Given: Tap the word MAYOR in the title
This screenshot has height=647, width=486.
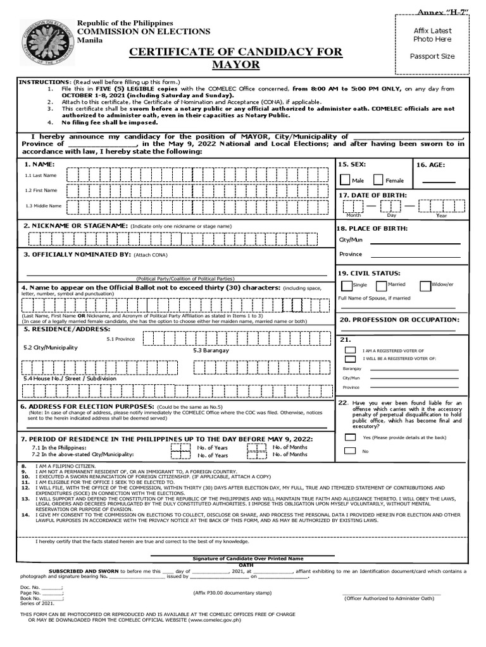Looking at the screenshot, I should pyautogui.click(x=236, y=65).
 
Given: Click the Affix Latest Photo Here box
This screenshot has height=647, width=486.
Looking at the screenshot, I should pyautogui.click(x=433, y=43).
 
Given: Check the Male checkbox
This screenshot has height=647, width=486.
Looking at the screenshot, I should pyautogui.click(x=346, y=180).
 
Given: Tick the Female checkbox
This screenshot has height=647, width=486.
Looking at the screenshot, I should pyautogui.click(x=378, y=180).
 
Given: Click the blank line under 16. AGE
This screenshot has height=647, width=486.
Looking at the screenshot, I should pyautogui.click(x=438, y=183).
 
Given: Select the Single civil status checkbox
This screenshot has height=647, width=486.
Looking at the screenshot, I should pyautogui.click(x=346, y=286).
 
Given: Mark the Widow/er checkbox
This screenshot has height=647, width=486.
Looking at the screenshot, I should pyautogui.click(x=425, y=286).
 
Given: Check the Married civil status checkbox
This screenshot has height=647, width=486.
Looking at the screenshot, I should pyautogui.click(x=382, y=286).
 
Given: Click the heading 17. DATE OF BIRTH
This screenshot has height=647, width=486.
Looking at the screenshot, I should pyautogui.click(x=373, y=195).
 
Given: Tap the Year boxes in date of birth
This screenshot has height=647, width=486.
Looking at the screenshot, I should pyautogui.click(x=441, y=206).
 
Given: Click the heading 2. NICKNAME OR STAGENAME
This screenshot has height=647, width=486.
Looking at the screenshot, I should pyautogui.click(x=76, y=226).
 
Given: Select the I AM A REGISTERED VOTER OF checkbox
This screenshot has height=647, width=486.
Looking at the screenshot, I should pyautogui.click(x=350, y=350).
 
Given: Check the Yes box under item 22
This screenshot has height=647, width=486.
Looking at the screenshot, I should pyautogui.click(x=350, y=437).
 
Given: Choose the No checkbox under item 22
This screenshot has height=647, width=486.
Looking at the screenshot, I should pyautogui.click(x=350, y=451).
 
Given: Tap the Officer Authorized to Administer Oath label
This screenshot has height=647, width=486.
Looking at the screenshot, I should pyautogui.click(x=392, y=598).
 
